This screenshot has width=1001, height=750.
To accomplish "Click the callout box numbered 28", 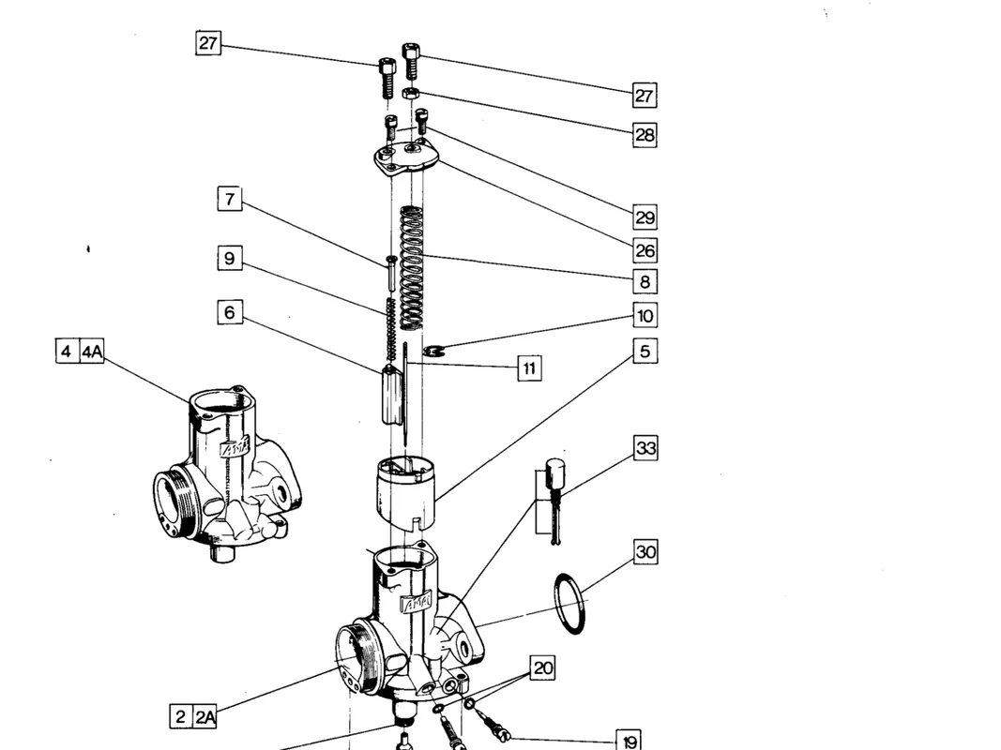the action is tap(645, 135).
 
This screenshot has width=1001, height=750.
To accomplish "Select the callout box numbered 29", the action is tap(645, 217).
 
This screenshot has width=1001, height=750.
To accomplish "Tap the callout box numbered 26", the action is tap(645, 250).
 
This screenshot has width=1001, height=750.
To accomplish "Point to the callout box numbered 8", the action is tap(645, 281).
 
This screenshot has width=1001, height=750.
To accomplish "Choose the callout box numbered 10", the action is tap(645, 315).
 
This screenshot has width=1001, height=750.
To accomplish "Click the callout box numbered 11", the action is tap(529, 368).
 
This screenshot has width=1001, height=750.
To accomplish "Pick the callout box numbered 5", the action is tap(645, 352).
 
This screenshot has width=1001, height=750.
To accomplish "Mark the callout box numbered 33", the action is tap(645, 448).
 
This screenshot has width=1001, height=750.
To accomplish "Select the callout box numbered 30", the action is tap(645, 551).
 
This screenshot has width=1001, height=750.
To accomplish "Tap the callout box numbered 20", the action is tap(542, 667).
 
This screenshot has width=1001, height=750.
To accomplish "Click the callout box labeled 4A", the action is tap(92, 352).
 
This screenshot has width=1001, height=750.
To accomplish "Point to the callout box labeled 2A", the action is tap(205, 717).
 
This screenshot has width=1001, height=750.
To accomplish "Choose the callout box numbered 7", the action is tap(230, 199).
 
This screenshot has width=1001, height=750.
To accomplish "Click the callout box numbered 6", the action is tap(230, 312).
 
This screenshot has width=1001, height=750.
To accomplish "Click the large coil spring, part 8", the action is tap(411, 268).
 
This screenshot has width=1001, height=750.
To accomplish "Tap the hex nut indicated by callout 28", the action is tap(410, 94).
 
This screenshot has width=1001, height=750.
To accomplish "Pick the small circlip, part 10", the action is tap(432, 350).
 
